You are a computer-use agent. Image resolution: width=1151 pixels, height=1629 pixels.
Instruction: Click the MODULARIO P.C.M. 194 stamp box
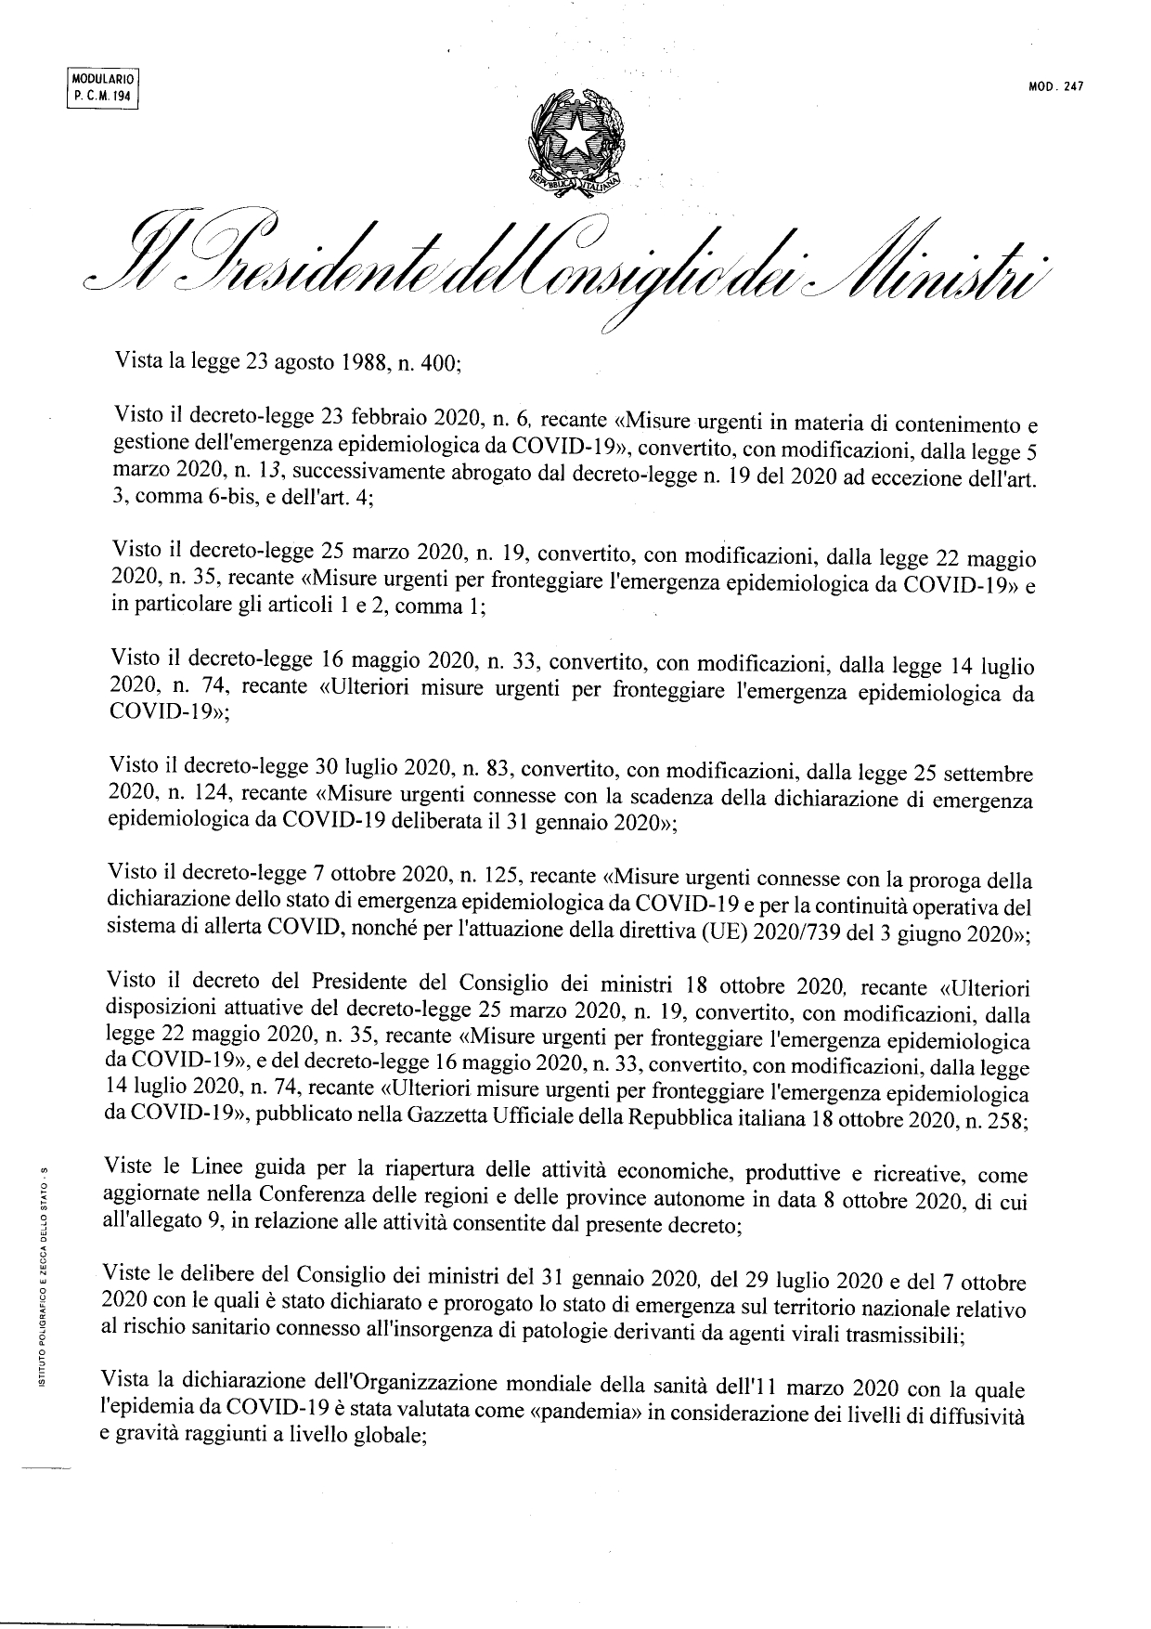click(x=103, y=90)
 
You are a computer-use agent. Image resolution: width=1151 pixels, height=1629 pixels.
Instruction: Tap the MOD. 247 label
click(x=1056, y=88)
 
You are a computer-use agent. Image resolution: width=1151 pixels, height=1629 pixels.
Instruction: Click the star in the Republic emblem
click(x=575, y=138)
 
